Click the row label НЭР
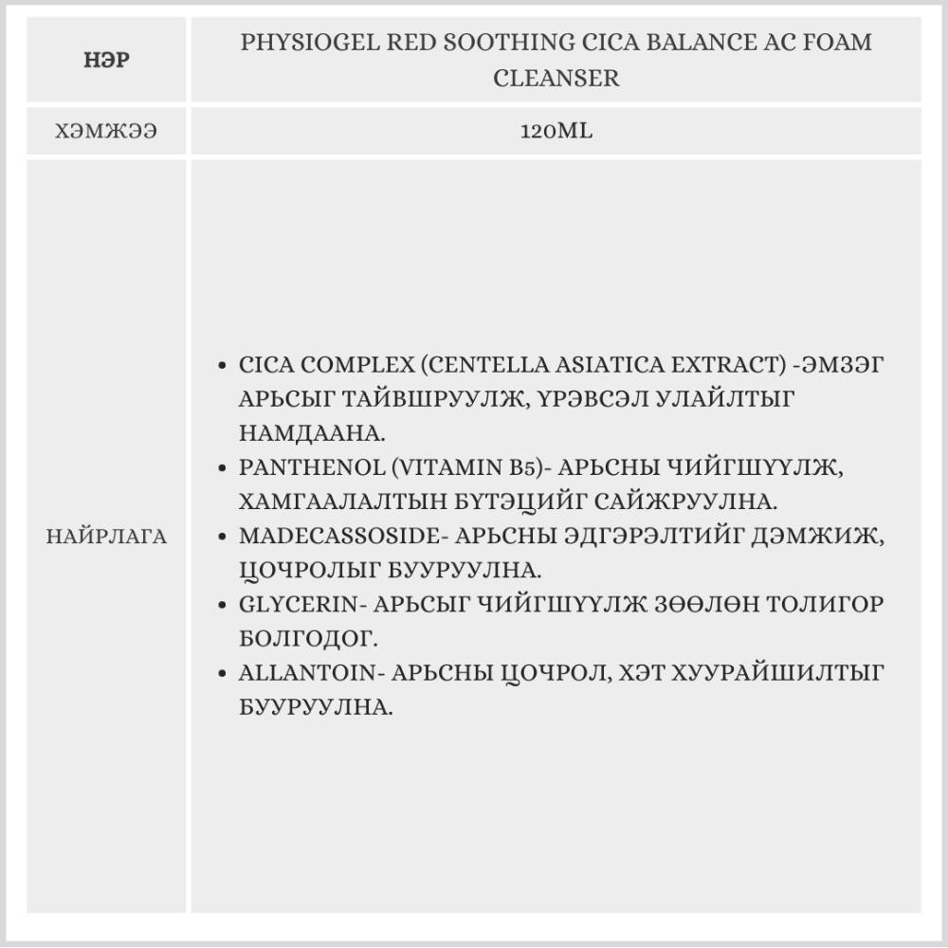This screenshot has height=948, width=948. click(x=106, y=62)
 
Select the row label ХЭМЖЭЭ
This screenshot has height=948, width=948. click(x=106, y=132)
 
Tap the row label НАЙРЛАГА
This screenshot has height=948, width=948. click(x=106, y=538)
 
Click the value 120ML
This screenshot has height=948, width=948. click(x=556, y=132)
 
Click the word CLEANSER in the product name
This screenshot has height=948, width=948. click(x=556, y=78)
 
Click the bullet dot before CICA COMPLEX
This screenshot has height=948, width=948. click(x=222, y=365)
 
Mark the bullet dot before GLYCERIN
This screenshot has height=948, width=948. click(x=222, y=605)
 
